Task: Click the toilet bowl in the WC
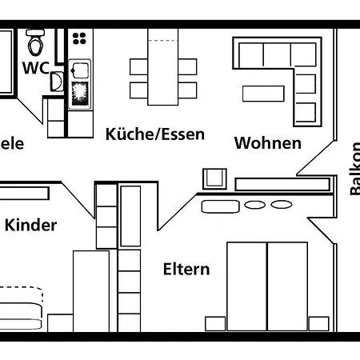[34, 40]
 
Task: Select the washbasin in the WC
[55, 81]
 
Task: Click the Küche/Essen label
[154, 134]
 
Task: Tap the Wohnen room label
[267, 143]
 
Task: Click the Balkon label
[354, 168]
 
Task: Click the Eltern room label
[186, 269]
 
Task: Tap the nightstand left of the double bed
[215, 323]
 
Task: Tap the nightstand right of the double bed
[318, 323]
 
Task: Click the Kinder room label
[31, 225]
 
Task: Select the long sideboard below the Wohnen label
[282, 183]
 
